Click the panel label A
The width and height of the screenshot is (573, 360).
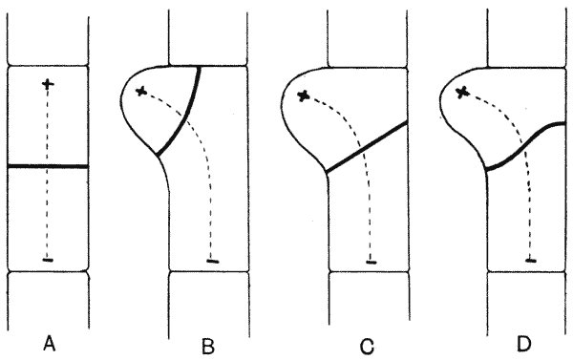click(x=50, y=344)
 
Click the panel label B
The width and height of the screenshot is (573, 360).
click(x=208, y=347)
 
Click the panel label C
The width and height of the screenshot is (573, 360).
click(x=368, y=347)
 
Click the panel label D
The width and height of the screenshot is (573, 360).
click(x=524, y=345)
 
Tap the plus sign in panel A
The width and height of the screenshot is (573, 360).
click(x=48, y=84)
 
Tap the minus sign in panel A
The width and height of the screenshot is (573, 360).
click(x=48, y=261)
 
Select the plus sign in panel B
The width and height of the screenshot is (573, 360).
click(x=141, y=92)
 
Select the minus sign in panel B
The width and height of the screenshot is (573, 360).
click(x=213, y=262)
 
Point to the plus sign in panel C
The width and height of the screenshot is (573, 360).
click(x=303, y=96)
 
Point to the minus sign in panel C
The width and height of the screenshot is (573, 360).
click(x=371, y=262)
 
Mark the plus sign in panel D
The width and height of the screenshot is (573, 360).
click(x=462, y=93)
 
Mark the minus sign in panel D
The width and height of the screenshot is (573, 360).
click(x=531, y=261)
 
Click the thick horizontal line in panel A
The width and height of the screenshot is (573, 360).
click(x=48, y=166)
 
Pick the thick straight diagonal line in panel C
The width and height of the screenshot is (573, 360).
click(x=367, y=147)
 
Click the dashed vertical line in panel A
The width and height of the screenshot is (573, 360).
click(x=48, y=172)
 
